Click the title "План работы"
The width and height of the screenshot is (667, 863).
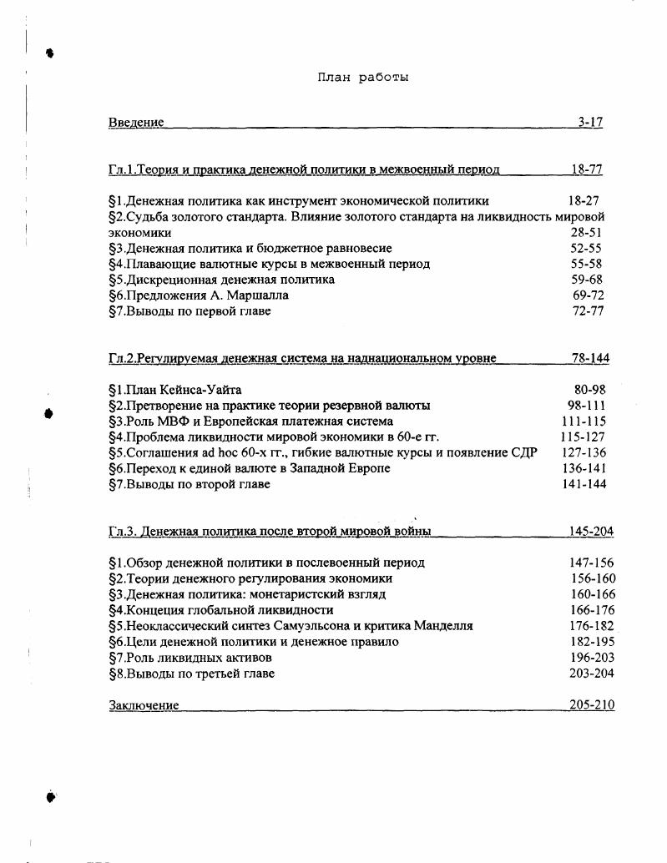click(x=362, y=78)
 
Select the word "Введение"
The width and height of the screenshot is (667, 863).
click(x=136, y=123)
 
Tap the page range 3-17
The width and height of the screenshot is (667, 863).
click(x=590, y=123)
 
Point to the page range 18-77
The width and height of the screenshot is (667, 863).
click(x=586, y=169)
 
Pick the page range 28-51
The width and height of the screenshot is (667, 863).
click(x=586, y=233)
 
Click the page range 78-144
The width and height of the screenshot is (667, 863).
click(x=589, y=358)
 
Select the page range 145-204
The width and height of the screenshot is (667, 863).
click(x=591, y=532)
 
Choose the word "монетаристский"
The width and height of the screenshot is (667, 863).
click(x=306, y=594)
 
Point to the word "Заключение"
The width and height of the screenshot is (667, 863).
click(x=144, y=705)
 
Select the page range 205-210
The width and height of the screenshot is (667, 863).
click(x=591, y=705)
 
